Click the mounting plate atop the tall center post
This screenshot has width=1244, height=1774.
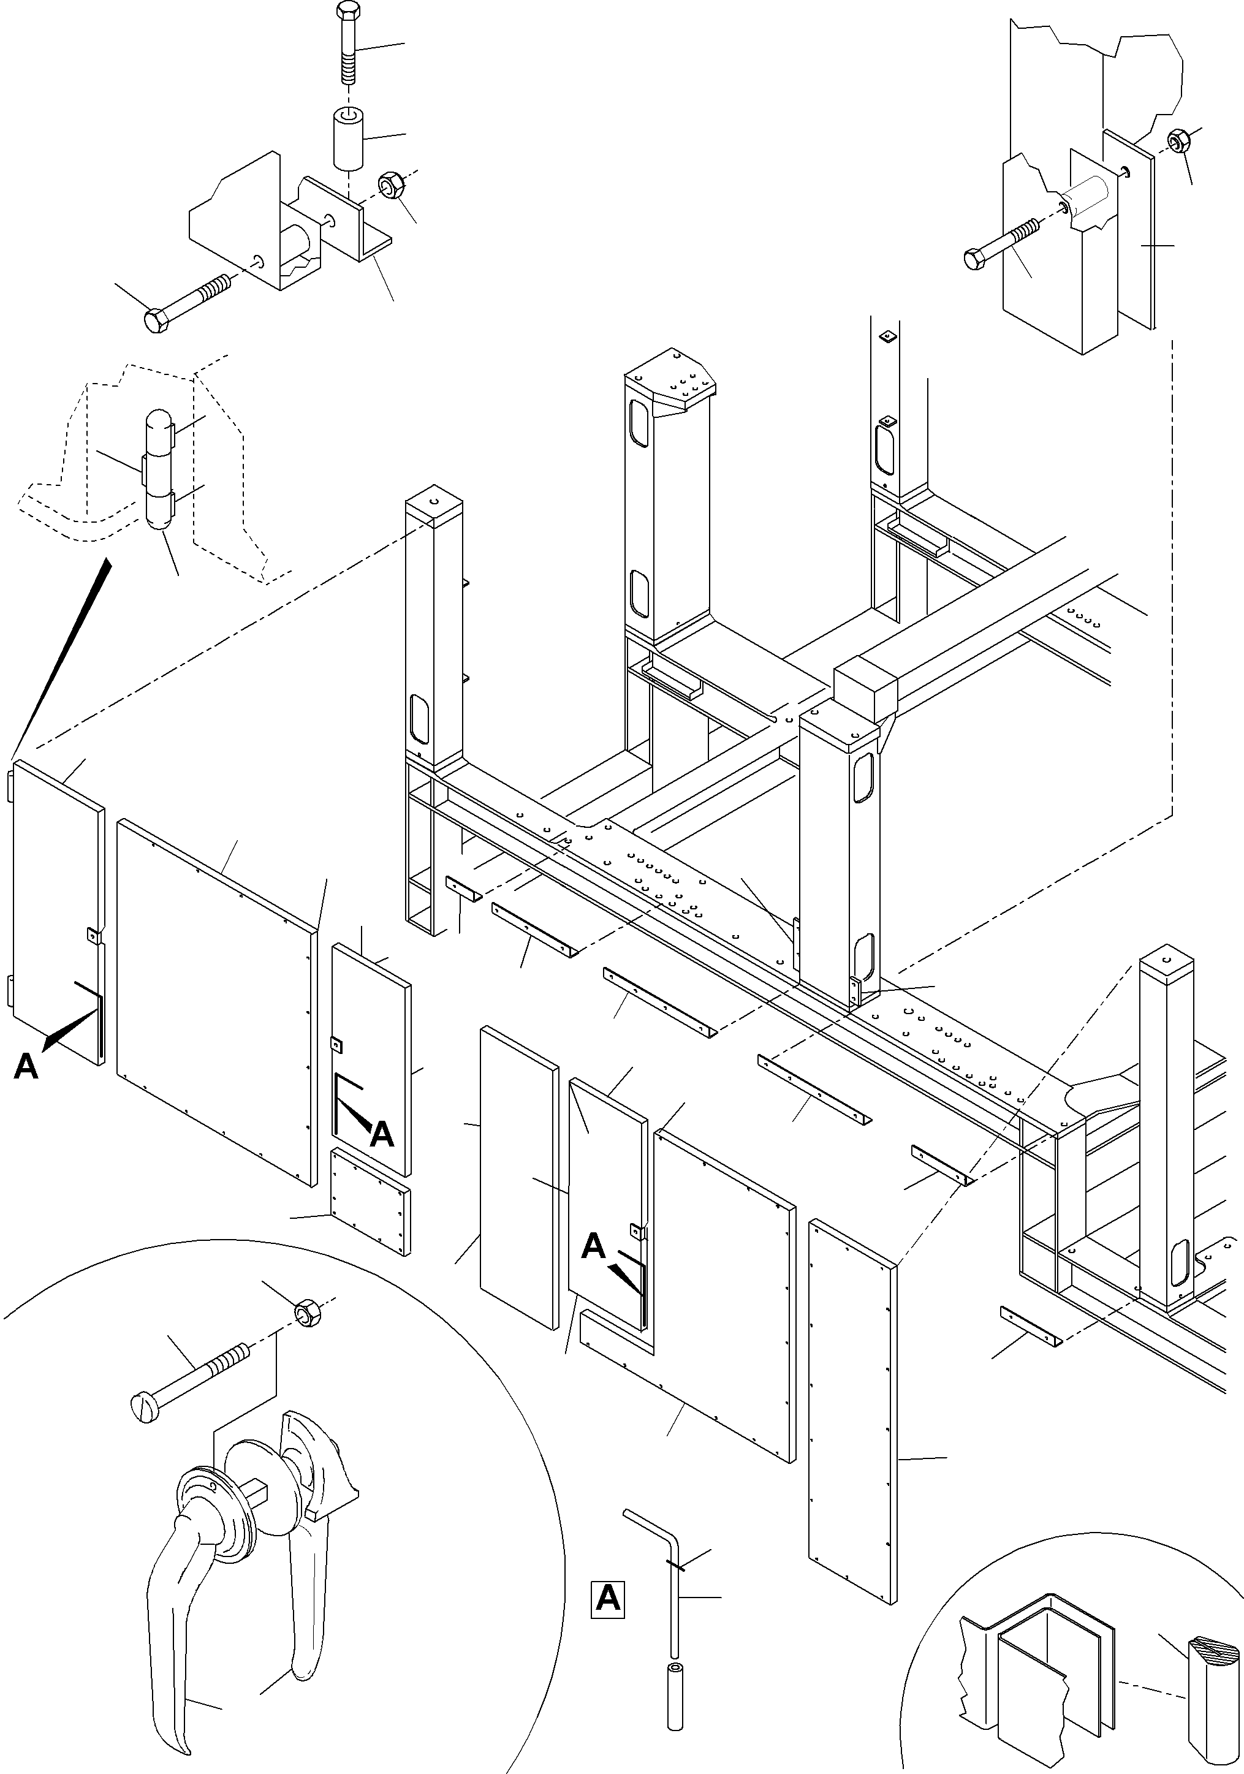coord(670,384)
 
